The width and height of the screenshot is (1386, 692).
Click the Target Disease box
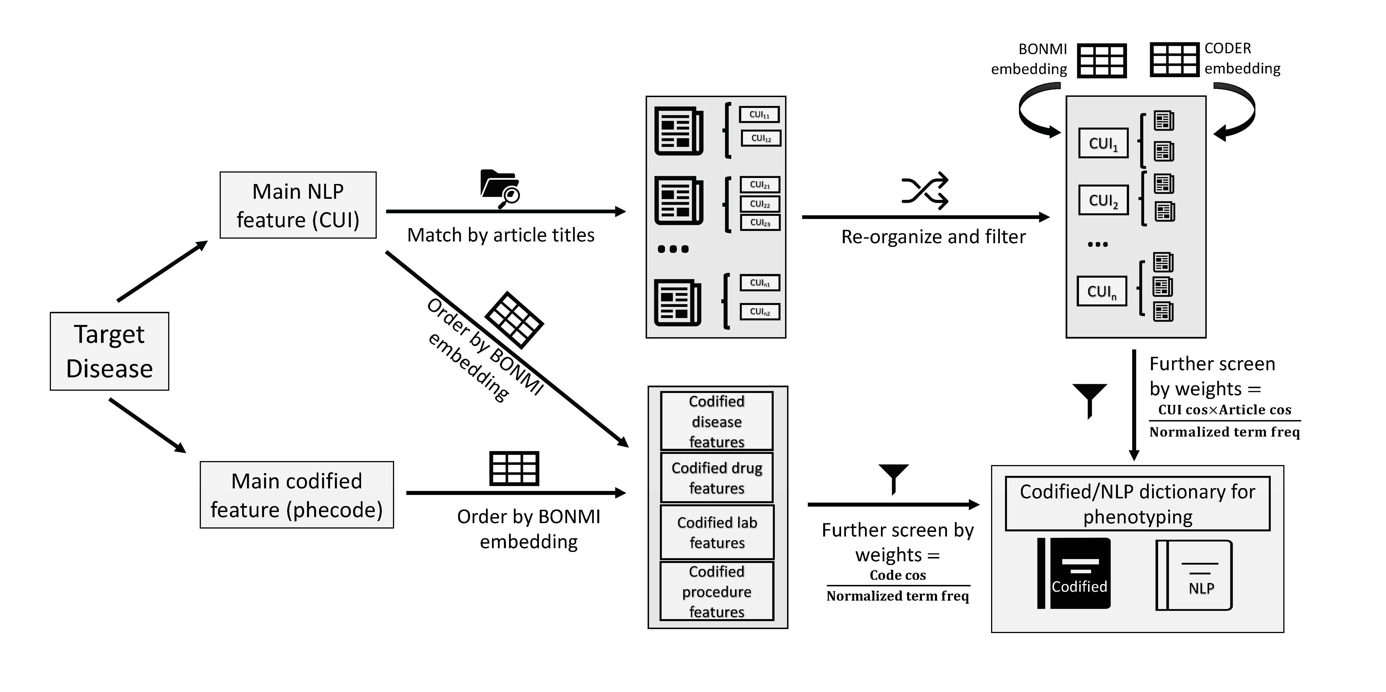coord(109,351)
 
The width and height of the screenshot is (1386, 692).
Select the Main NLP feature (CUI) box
coord(298,205)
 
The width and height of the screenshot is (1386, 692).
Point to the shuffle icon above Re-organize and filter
coord(925,191)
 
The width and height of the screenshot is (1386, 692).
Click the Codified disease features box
coord(717,421)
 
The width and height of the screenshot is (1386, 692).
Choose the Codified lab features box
coord(717,532)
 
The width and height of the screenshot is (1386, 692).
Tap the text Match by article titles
coord(501,235)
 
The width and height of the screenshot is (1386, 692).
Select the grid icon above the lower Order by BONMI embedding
coord(514,468)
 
